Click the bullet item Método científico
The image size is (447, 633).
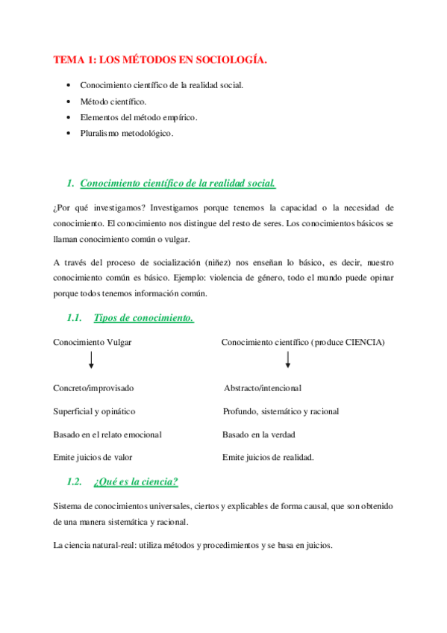[x=113, y=101]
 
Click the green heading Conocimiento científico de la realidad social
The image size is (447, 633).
[x=178, y=183]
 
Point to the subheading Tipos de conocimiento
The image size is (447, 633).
[x=143, y=318]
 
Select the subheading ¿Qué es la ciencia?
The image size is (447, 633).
[x=136, y=481]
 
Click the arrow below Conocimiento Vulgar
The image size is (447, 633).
[x=91, y=361]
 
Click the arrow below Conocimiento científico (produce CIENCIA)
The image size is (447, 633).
[x=288, y=361]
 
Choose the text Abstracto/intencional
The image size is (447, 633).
[x=263, y=388]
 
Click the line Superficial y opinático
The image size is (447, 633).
[x=94, y=411]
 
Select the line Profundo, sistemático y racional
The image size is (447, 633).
[x=281, y=411]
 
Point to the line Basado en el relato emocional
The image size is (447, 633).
[x=107, y=434]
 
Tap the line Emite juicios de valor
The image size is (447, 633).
[x=93, y=457]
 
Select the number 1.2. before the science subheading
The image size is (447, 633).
[x=74, y=481]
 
